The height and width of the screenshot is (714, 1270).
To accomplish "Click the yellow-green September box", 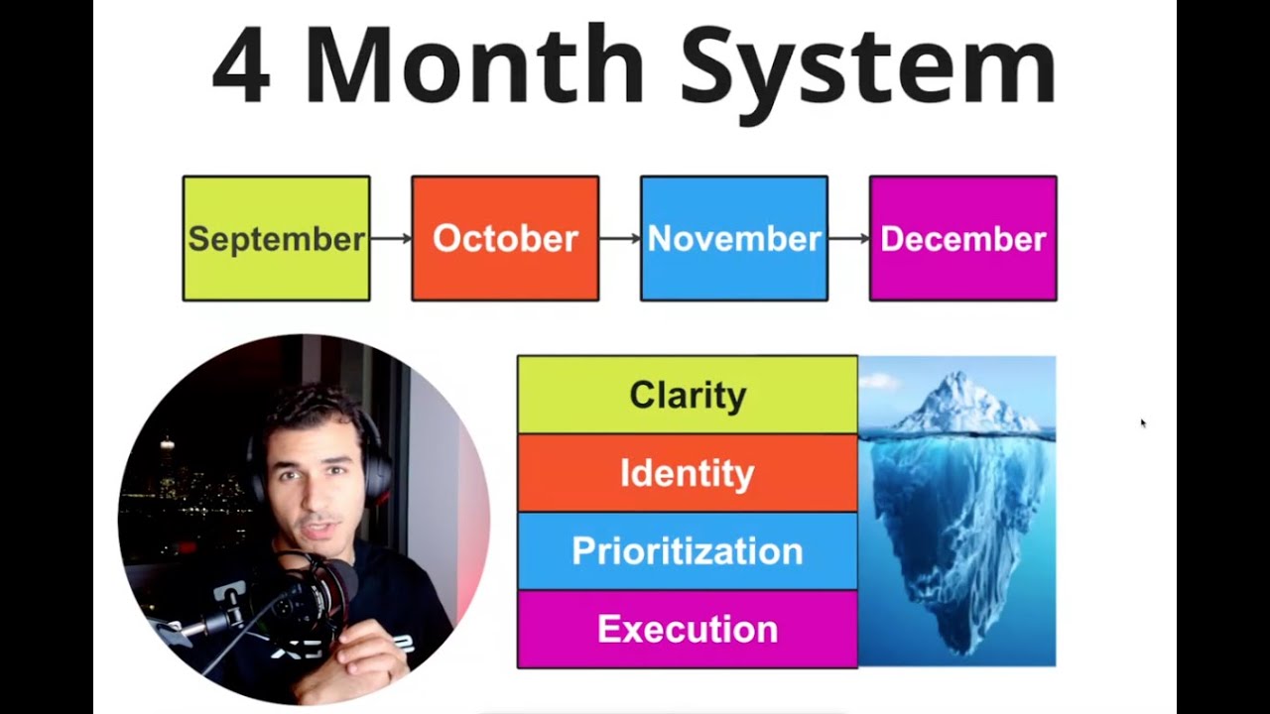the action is (x=277, y=239).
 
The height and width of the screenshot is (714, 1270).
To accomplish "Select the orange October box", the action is (x=505, y=239).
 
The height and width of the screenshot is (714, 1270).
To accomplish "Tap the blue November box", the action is (x=734, y=239).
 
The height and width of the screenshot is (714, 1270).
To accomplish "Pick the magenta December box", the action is (x=963, y=239).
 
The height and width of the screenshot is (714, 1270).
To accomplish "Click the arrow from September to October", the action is (x=391, y=239).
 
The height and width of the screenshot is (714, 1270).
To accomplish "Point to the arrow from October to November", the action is (x=620, y=239).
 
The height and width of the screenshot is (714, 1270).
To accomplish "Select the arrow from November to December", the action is (x=848, y=239).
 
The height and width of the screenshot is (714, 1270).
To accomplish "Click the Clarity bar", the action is (x=688, y=395).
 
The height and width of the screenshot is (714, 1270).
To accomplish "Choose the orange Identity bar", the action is (x=688, y=473).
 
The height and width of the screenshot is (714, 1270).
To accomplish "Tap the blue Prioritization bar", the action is (x=688, y=550).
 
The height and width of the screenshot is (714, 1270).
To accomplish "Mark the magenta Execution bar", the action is (x=688, y=629).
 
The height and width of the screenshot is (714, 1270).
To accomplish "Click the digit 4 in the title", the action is (x=241, y=65).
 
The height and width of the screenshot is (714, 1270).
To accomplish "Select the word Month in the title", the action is (x=475, y=63).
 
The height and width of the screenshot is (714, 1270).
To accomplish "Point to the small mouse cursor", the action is (x=1143, y=422).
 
